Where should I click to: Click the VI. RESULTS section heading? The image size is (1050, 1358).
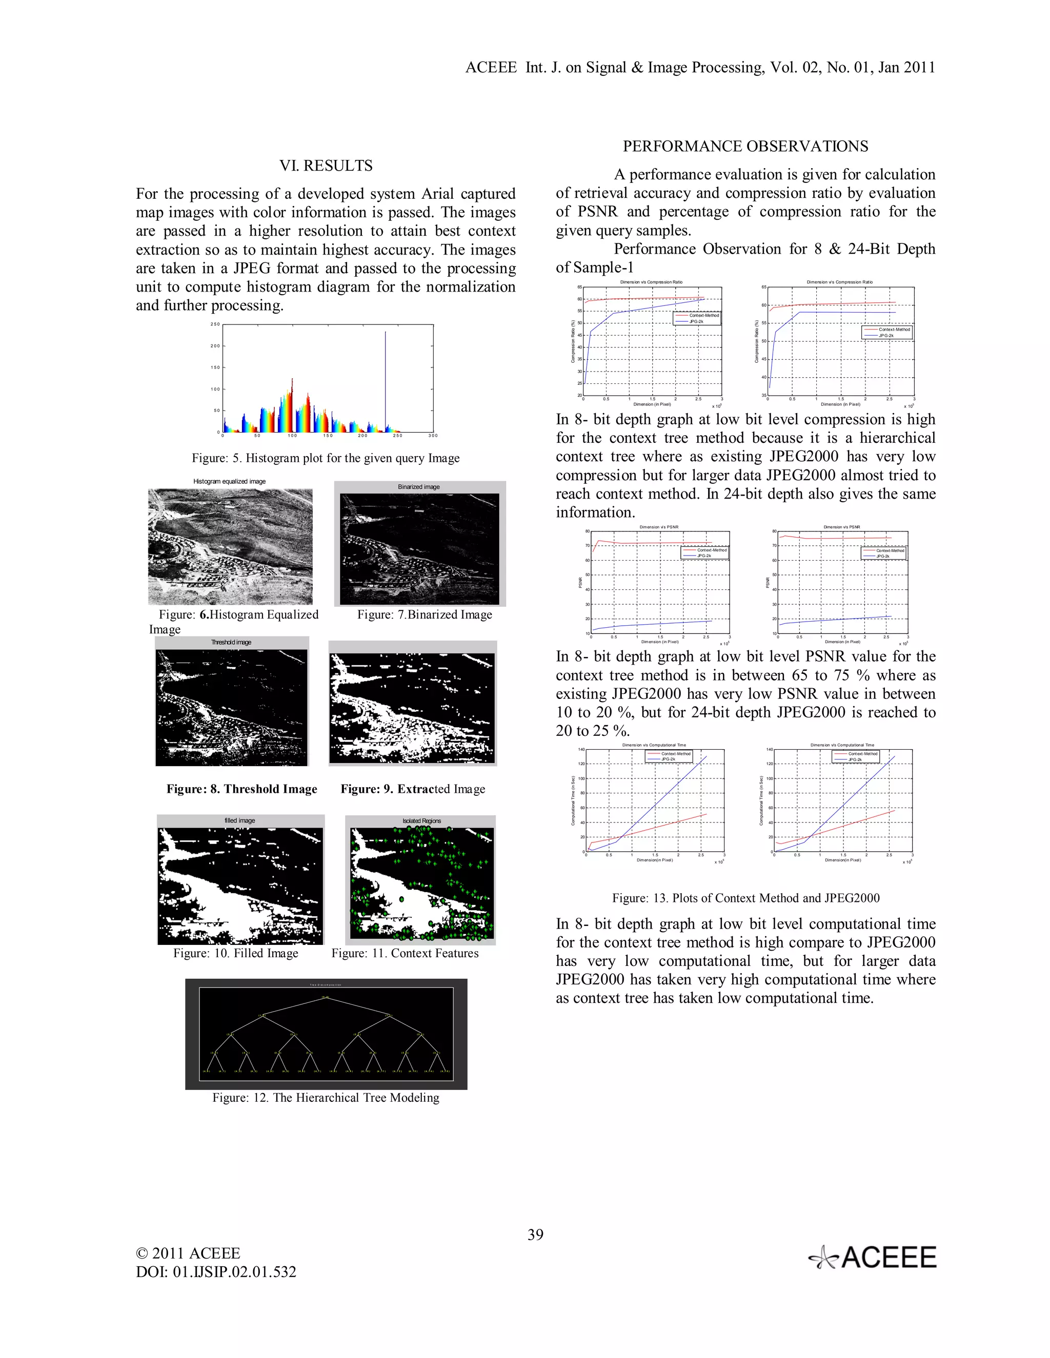pos(326,166)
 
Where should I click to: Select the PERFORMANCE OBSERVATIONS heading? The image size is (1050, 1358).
pos(745,146)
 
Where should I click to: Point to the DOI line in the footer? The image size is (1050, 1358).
pos(216,1271)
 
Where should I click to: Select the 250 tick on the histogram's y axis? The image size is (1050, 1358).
pos(215,324)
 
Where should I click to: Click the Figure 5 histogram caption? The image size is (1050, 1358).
pos(326,458)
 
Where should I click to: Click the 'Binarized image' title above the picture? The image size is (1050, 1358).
pos(419,487)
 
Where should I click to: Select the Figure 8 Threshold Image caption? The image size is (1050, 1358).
pos(241,789)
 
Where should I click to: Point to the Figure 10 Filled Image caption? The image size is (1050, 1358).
pos(236,953)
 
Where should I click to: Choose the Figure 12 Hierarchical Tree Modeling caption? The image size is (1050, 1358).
pos(326,1098)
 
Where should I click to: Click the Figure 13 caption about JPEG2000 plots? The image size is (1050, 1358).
pos(745,898)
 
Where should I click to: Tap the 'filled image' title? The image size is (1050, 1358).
pos(239,821)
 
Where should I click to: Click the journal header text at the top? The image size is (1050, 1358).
pos(700,67)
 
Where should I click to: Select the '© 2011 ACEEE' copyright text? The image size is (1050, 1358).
pos(188,1253)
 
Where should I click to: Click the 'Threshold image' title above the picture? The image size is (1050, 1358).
pos(231,642)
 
